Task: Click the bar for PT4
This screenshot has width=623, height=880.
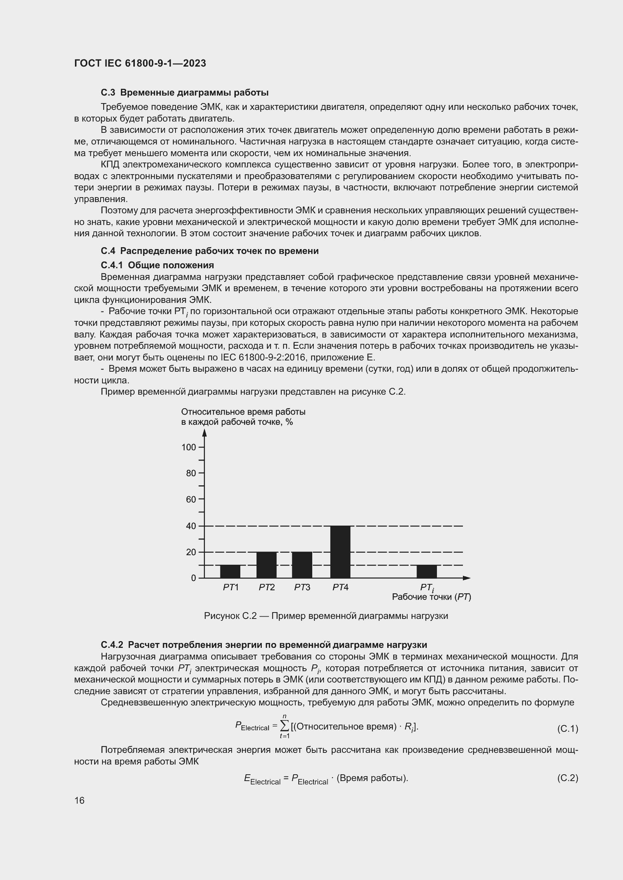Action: coord(340,552)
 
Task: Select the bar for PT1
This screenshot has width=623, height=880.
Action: coord(230,571)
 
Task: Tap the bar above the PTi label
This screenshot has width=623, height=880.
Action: coord(427,571)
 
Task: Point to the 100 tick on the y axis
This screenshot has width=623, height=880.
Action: coord(189,447)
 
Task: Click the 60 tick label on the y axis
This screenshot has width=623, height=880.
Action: coord(191,499)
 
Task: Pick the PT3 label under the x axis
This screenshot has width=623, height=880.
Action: coord(302,588)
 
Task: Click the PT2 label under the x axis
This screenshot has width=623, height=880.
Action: coord(267,588)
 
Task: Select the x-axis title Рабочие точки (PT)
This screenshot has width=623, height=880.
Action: coord(431,597)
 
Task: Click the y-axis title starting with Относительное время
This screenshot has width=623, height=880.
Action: coord(243,416)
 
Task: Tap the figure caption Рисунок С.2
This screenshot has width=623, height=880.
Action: coord(326,616)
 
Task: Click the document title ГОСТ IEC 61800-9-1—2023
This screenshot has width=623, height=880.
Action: coord(140,63)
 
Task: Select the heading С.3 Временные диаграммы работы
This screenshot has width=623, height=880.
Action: coord(185,93)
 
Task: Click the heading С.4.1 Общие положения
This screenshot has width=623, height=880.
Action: coord(157,265)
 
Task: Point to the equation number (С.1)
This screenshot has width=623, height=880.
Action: coord(567,729)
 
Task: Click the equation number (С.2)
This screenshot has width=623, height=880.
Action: coord(567,778)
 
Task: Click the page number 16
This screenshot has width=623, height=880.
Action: coord(79,800)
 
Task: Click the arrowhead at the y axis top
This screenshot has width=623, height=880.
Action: coord(205,433)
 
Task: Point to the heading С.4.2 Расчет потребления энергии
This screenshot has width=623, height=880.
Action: coord(264,645)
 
